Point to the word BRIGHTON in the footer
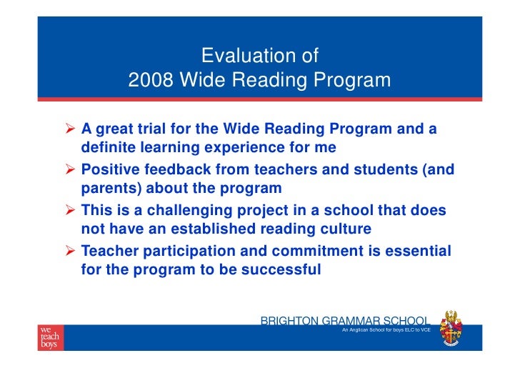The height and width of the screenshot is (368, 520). pyautogui.click(x=290, y=321)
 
